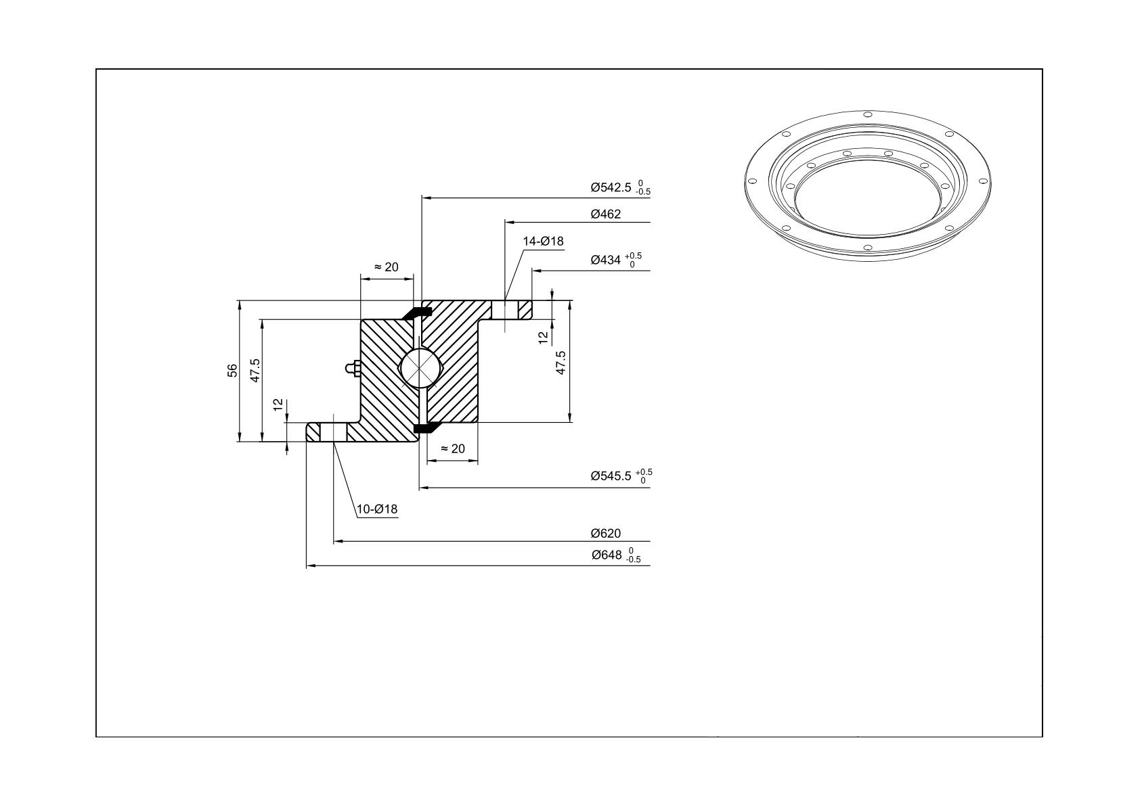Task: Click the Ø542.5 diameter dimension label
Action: (x=620, y=187)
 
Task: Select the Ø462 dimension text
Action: (x=606, y=214)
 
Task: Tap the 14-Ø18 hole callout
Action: (x=543, y=241)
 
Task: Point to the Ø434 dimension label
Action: (x=616, y=260)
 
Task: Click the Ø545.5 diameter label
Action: (x=621, y=476)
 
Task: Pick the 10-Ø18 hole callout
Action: (x=376, y=509)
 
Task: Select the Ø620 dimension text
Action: (x=606, y=534)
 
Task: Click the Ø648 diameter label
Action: (x=616, y=555)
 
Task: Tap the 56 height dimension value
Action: (x=232, y=370)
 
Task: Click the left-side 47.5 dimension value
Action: (x=255, y=370)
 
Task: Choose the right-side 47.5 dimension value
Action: (x=561, y=363)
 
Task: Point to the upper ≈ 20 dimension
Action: (x=387, y=267)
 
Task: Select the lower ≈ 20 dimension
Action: (x=452, y=448)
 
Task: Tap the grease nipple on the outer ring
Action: (x=353, y=368)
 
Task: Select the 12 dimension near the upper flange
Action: (x=543, y=337)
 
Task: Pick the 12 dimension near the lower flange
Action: (x=278, y=405)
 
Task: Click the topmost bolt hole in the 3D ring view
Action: (x=868, y=114)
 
